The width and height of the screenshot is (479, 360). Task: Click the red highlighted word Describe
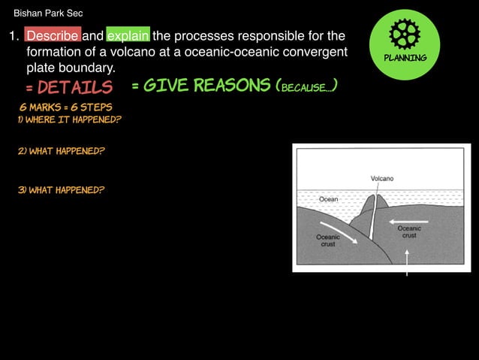pos(52,35)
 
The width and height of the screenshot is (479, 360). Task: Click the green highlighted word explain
pos(128,35)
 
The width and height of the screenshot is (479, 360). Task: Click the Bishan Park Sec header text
pos(48,13)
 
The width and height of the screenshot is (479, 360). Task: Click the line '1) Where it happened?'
pos(70,119)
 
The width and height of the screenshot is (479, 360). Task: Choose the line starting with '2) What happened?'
pos(61,151)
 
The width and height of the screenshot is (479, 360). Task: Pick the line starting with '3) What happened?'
pos(61,189)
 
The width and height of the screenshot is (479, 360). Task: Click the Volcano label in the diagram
pos(381,178)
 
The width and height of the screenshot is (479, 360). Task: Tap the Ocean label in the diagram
pos(329,199)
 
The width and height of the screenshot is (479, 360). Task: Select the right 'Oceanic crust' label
pos(409,231)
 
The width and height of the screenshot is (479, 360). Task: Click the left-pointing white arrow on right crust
pos(409,221)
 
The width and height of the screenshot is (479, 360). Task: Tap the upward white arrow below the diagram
pos(406,262)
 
